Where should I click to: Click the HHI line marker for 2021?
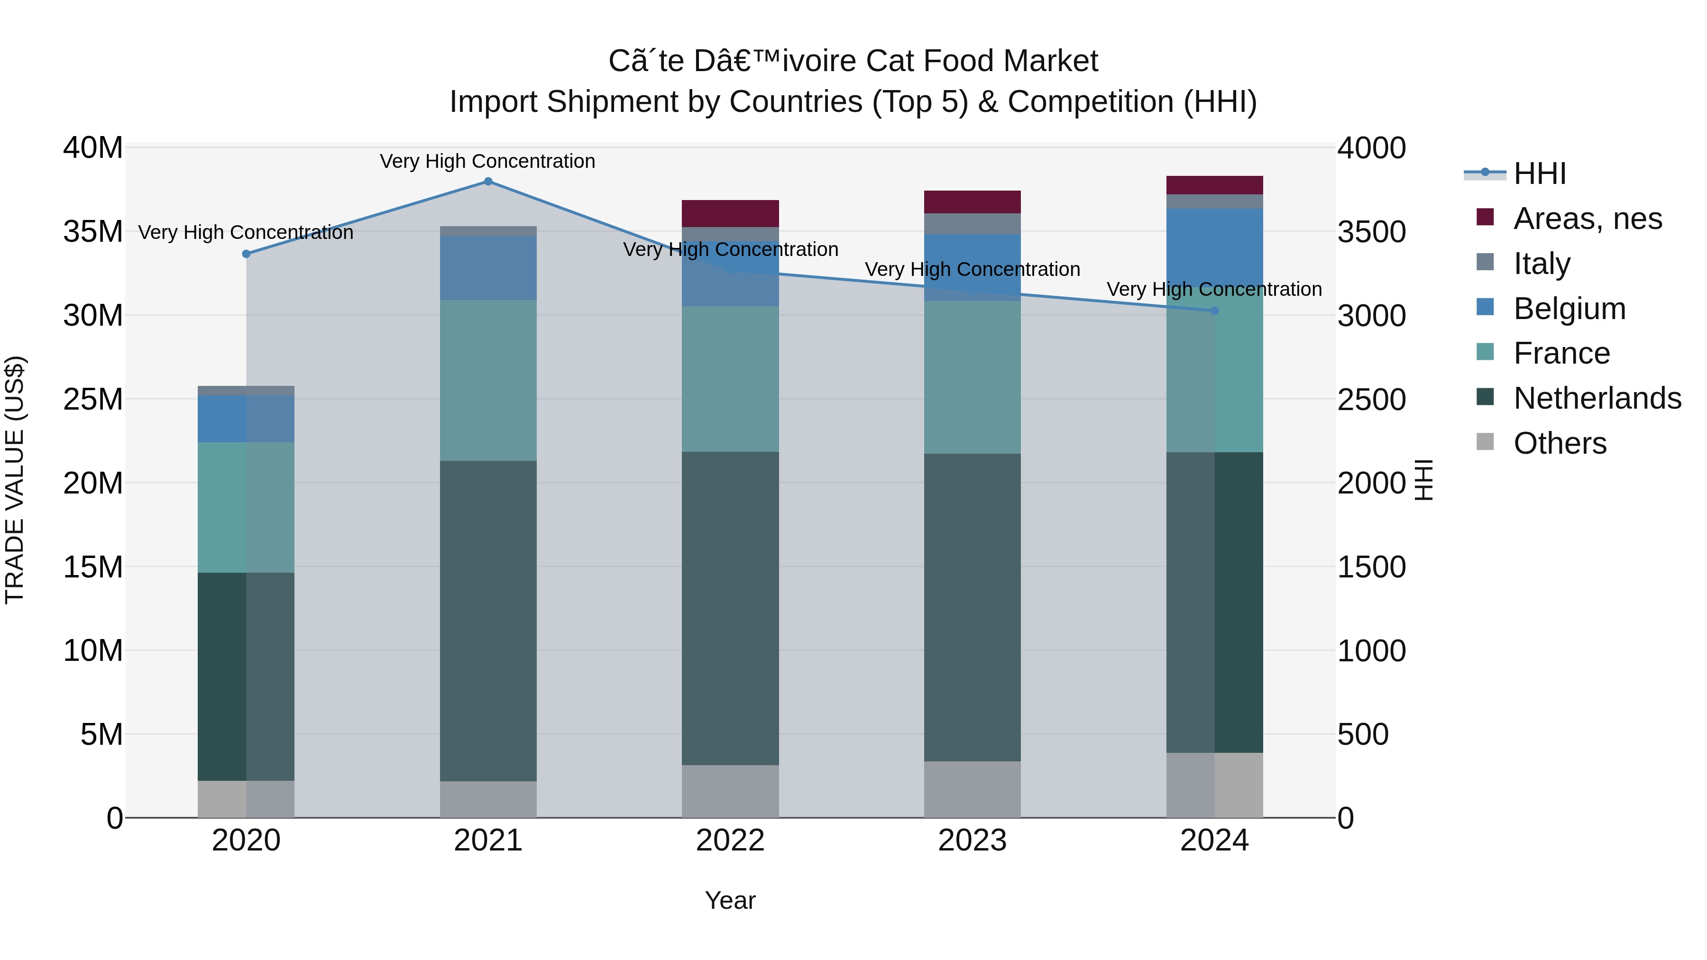pos(488,182)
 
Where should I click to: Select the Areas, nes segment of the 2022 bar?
pos(730,213)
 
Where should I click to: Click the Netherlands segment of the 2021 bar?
pos(488,621)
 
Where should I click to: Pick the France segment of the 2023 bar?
pos(972,378)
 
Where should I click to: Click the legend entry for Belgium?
pos(1569,309)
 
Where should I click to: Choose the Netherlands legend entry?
pos(1597,398)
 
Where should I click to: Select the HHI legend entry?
pos(1539,174)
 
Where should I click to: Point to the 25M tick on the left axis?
pos(93,400)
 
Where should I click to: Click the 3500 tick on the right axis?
pos(1371,232)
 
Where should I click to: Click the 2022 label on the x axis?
pos(730,841)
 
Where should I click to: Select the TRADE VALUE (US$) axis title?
pos(15,480)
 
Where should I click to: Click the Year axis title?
pos(730,900)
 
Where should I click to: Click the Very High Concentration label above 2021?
pos(488,161)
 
